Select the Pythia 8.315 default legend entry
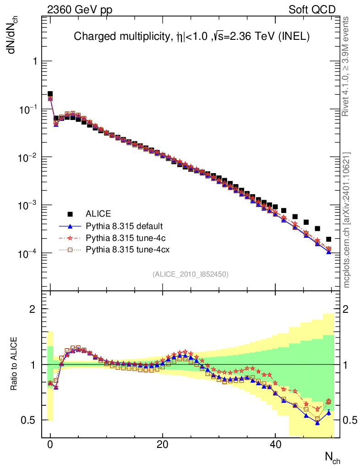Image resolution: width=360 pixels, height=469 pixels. click(124, 226)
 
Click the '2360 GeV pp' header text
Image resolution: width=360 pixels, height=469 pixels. click(80, 10)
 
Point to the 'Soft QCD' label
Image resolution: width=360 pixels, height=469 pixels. click(312, 10)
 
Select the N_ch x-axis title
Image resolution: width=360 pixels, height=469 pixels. click(333, 457)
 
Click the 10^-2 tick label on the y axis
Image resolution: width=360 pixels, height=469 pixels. click(30, 157)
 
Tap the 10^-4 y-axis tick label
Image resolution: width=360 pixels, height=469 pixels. click(30, 253)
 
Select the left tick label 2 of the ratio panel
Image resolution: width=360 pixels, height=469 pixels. click(33, 309)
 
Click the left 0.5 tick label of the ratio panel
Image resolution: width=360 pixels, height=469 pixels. click(30, 420)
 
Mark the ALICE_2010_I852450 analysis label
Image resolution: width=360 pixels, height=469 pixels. click(190, 274)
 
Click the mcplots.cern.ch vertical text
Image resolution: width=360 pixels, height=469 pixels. click(347, 220)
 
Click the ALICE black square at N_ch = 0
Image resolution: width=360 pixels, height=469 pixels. click(50, 94)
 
